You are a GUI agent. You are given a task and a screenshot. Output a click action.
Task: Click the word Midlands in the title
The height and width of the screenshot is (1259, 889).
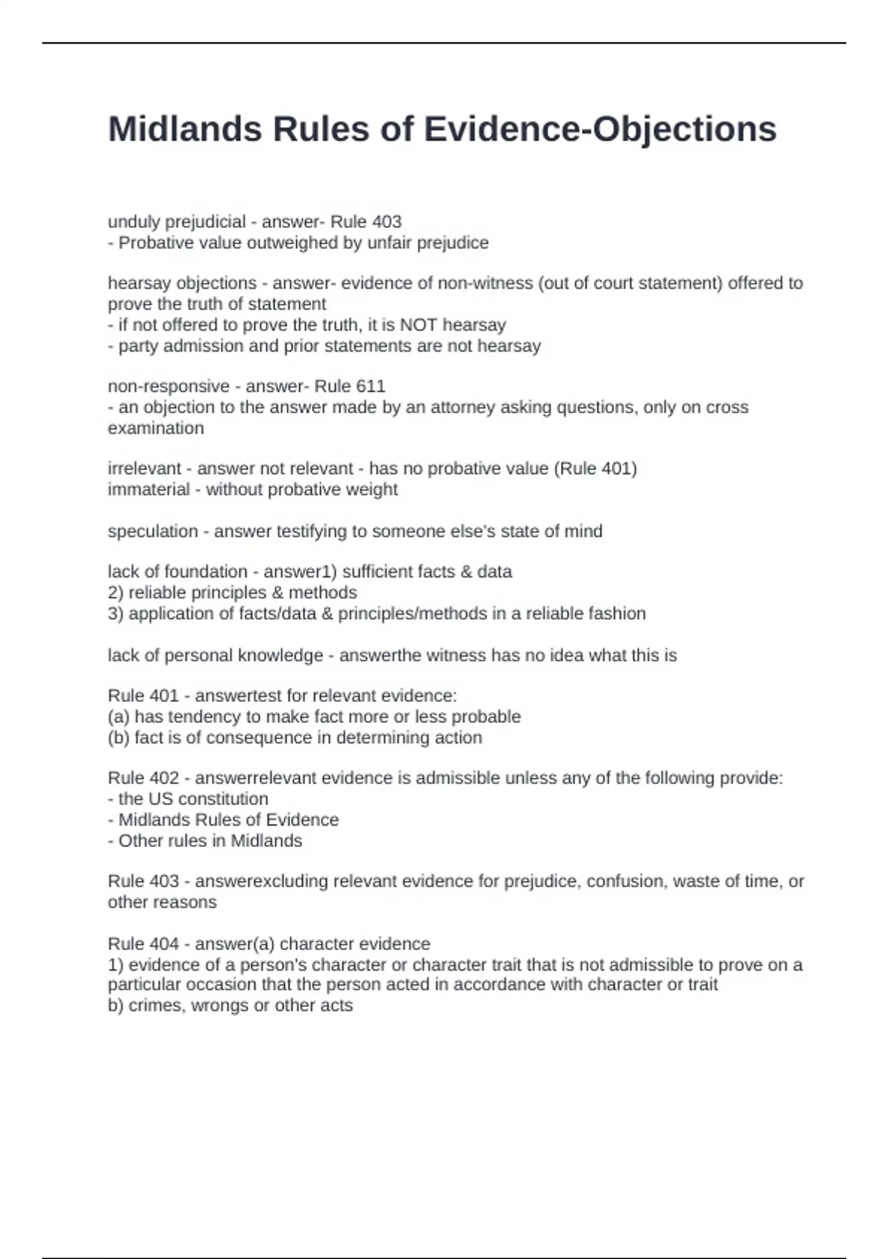click(184, 129)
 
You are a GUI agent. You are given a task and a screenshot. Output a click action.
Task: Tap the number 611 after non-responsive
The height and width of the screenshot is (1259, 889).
click(370, 386)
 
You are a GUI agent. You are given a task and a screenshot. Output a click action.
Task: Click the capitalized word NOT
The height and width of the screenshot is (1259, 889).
click(419, 324)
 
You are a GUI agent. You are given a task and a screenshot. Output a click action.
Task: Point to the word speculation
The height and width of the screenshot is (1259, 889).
click(153, 531)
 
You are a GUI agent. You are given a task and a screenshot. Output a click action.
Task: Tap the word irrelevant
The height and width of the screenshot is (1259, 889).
click(144, 468)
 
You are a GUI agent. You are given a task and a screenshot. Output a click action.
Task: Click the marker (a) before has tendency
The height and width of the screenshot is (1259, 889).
click(119, 716)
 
